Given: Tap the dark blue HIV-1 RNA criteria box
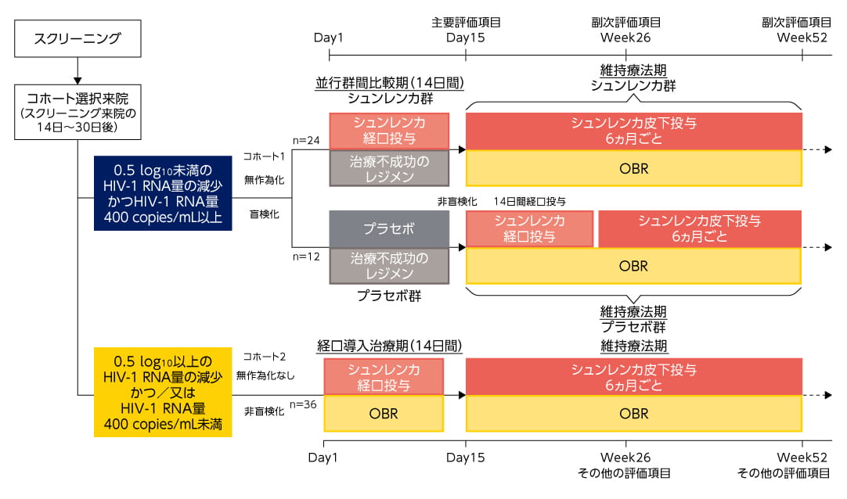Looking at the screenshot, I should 162,192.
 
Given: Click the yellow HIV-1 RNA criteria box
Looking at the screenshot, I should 162,392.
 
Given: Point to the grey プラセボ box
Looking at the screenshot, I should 389,229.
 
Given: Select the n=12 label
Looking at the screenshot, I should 305,257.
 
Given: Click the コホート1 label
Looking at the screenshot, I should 265,156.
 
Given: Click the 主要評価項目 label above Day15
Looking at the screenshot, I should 466,23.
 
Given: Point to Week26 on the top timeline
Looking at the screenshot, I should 625,38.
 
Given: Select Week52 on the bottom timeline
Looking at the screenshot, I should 802,457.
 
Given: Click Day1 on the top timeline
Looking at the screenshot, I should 329,38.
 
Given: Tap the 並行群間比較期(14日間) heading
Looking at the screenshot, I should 388,83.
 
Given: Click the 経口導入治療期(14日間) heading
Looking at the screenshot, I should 388,344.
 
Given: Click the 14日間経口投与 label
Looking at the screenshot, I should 530,202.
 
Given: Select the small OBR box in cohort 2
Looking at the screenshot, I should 384,413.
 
